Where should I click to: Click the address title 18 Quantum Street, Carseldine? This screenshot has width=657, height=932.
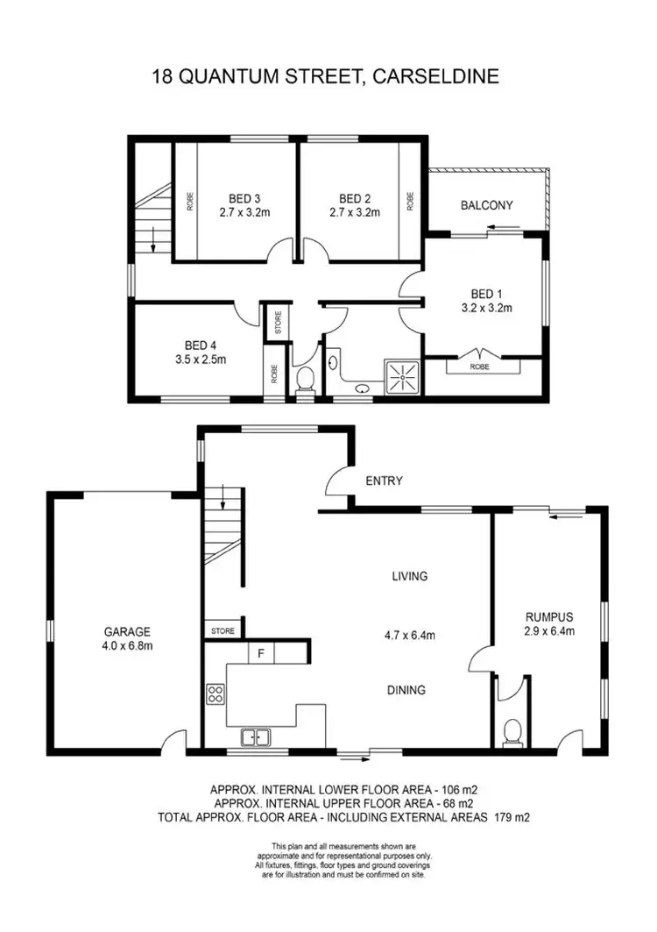326,76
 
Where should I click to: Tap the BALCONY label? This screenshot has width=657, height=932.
486,205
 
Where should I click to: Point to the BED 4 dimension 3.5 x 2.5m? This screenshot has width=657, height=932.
199,359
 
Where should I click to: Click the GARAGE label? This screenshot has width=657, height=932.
128,631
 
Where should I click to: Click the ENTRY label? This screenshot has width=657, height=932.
385,480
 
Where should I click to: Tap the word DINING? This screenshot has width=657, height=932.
406,690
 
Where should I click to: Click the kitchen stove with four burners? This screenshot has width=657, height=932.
215,694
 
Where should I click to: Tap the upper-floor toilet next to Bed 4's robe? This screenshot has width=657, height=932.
305,379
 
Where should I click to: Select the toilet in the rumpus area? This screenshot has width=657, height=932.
512,731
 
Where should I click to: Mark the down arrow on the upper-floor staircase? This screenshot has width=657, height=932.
153,240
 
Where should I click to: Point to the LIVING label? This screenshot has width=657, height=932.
409,576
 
